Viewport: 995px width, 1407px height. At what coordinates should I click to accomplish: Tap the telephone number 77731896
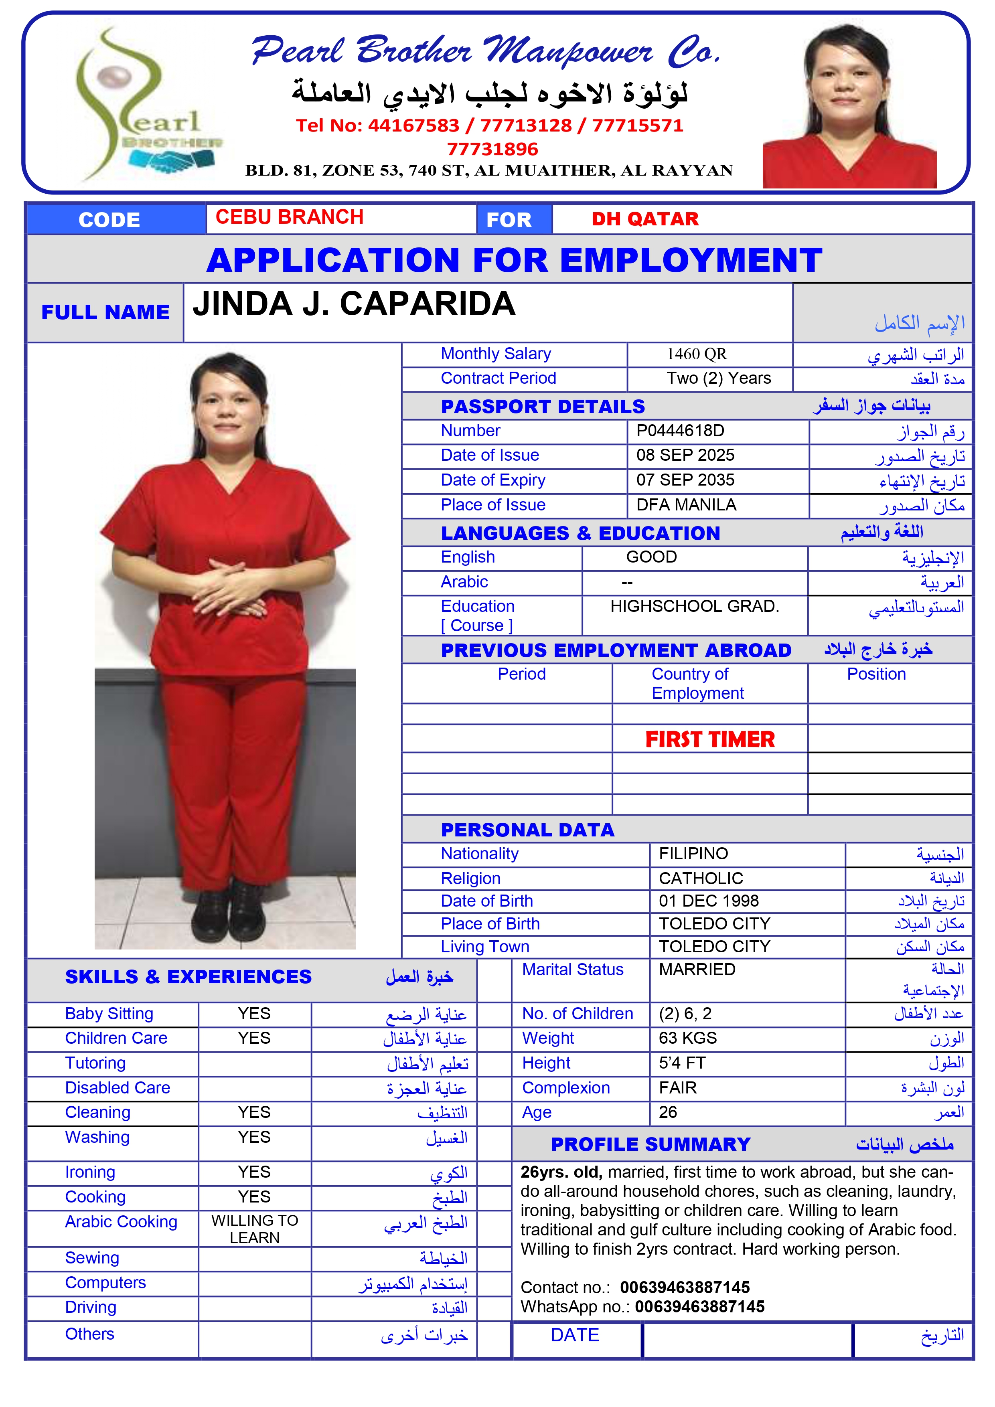coord(492,149)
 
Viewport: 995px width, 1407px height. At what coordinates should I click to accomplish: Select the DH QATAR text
coord(645,219)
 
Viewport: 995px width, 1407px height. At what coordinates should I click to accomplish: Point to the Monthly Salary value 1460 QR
coord(697,354)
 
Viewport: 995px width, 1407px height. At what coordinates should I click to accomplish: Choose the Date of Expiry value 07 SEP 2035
coord(685,480)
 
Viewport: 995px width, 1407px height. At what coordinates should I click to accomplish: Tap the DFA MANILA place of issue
coord(686,505)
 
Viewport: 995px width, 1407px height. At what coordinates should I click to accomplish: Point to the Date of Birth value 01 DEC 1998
coord(709,901)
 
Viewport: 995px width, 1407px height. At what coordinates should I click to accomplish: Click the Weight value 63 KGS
coord(688,1038)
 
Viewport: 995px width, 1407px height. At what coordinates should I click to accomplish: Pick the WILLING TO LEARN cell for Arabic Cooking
coord(254,1229)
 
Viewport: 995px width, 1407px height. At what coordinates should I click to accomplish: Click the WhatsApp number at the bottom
coord(699,1306)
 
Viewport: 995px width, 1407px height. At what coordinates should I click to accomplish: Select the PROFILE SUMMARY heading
coord(650,1144)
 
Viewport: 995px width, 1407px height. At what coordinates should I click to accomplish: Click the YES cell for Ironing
coord(254,1172)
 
